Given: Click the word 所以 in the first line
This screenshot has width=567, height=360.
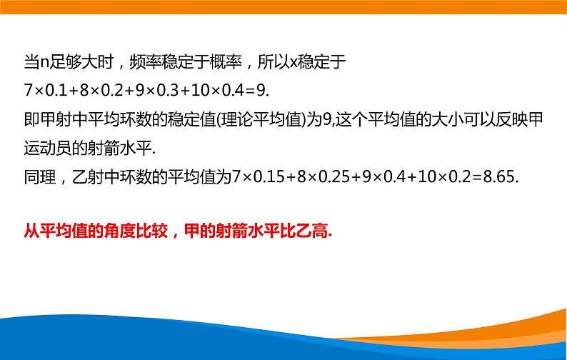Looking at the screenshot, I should tap(273, 62).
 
